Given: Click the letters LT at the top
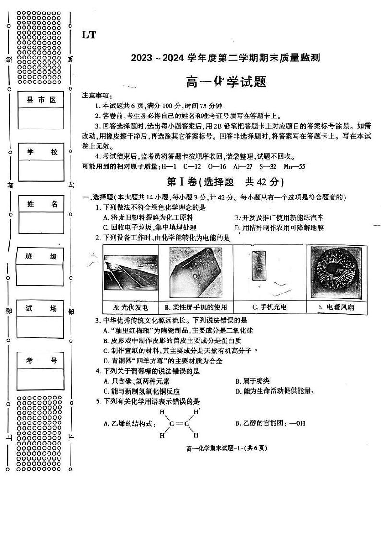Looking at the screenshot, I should pos(89,35).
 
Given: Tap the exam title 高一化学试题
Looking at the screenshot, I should pos(226,82).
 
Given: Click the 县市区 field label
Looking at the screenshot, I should pos(41,100).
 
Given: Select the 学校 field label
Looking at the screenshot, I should pos(41,152).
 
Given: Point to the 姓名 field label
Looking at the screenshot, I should pos(41,204).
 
